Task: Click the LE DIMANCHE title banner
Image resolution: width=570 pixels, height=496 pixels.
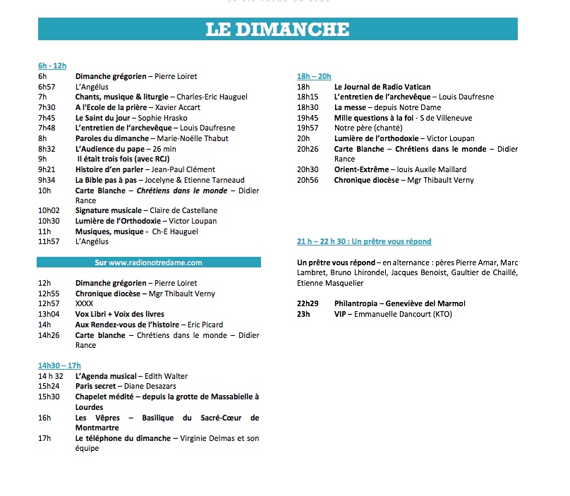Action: tap(277, 29)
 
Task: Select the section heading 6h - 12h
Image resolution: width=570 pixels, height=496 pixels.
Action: tap(52, 66)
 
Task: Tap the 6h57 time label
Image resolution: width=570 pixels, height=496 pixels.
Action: tap(47, 86)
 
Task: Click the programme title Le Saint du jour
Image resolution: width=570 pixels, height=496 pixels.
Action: tap(104, 117)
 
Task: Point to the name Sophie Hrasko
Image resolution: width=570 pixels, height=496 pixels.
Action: tap(164, 117)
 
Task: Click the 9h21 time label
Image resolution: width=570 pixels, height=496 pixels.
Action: tap(47, 169)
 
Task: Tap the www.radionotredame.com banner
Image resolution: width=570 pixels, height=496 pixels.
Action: tap(149, 262)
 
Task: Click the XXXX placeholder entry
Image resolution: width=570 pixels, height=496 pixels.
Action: tap(85, 304)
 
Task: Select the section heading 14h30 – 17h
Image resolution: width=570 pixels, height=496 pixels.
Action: tap(59, 365)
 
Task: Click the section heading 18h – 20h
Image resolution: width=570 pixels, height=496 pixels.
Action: tap(314, 76)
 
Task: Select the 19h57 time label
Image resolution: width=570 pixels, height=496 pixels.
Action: tap(308, 128)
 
